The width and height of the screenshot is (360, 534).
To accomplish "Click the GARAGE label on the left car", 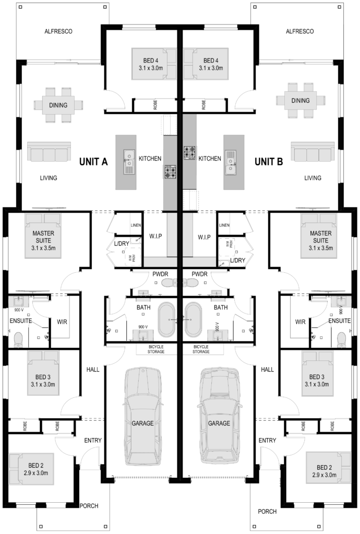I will pyautogui.click(x=142, y=423).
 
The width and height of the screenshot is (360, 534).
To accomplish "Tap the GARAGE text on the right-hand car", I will pyautogui.click(x=219, y=423).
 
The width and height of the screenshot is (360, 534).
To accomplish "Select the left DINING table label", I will pyautogui.click(x=58, y=105).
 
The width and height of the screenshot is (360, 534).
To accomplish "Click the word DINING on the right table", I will pyautogui.click(x=301, y=101).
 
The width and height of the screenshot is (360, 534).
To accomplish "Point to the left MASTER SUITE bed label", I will pyautogui.click(x=43, y=237).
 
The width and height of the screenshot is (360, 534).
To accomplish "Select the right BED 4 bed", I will pyautogui.click(x=206, y=64).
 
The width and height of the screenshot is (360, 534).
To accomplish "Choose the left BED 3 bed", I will pyautogui.click(x=43, y=373).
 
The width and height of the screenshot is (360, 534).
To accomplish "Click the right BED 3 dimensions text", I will pyautogui.click(x=317, y=384).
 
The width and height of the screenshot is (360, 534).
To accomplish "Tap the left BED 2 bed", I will pyautogui.click(x=31, y=469).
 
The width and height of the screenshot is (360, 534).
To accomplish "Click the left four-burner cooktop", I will pyautogui.click(x=170, y=172).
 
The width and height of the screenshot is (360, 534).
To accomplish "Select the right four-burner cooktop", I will pyautogui.click(x=190, y=152).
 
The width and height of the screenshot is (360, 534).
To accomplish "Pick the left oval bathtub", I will pyautogui.click(x=169, y=319).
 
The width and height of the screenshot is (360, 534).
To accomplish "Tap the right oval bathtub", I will pyautogui.click(x=193, y=319).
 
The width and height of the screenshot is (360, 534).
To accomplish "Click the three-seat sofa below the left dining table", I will pyautogui.click(x=49, y=152).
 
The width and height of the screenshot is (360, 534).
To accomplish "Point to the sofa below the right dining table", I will pyautogui.click(x=312, y=152).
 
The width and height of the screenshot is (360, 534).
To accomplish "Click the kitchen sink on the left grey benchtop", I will pyautogui.click(x=128, y=161).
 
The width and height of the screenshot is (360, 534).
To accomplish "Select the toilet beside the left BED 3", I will pyautogui.click(x=19, y=339).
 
